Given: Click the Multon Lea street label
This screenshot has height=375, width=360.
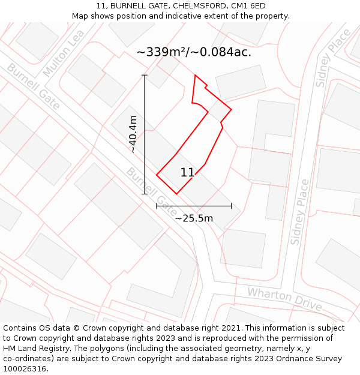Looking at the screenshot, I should [64, 53].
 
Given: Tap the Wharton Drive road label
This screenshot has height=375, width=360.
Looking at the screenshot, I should [284, 298].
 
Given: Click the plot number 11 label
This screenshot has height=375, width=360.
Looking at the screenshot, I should [187, 173].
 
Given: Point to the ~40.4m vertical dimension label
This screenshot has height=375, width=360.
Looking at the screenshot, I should [133, 134].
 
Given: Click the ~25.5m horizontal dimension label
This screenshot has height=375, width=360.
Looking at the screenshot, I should [194, 218].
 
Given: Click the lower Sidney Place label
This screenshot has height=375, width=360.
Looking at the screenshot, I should [300, 211].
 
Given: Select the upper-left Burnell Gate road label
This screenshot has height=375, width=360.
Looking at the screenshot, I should [33, 86].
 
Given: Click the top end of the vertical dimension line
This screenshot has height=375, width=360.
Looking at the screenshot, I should [145, 75].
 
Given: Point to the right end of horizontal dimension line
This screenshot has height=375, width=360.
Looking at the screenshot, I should [231, 206].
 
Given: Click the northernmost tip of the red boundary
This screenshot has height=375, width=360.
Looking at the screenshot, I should [195, 75].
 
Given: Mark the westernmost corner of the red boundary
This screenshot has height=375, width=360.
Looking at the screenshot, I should [157, 175].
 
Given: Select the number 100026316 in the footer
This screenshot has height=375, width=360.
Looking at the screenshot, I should [25, 369].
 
